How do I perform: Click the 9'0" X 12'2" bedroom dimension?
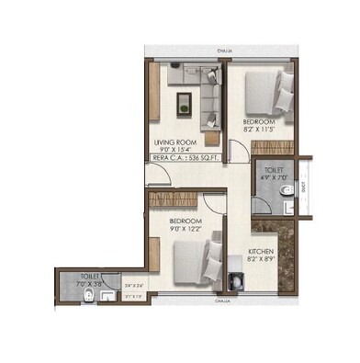click(186, 231)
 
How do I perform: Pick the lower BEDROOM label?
click(186, 222)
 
